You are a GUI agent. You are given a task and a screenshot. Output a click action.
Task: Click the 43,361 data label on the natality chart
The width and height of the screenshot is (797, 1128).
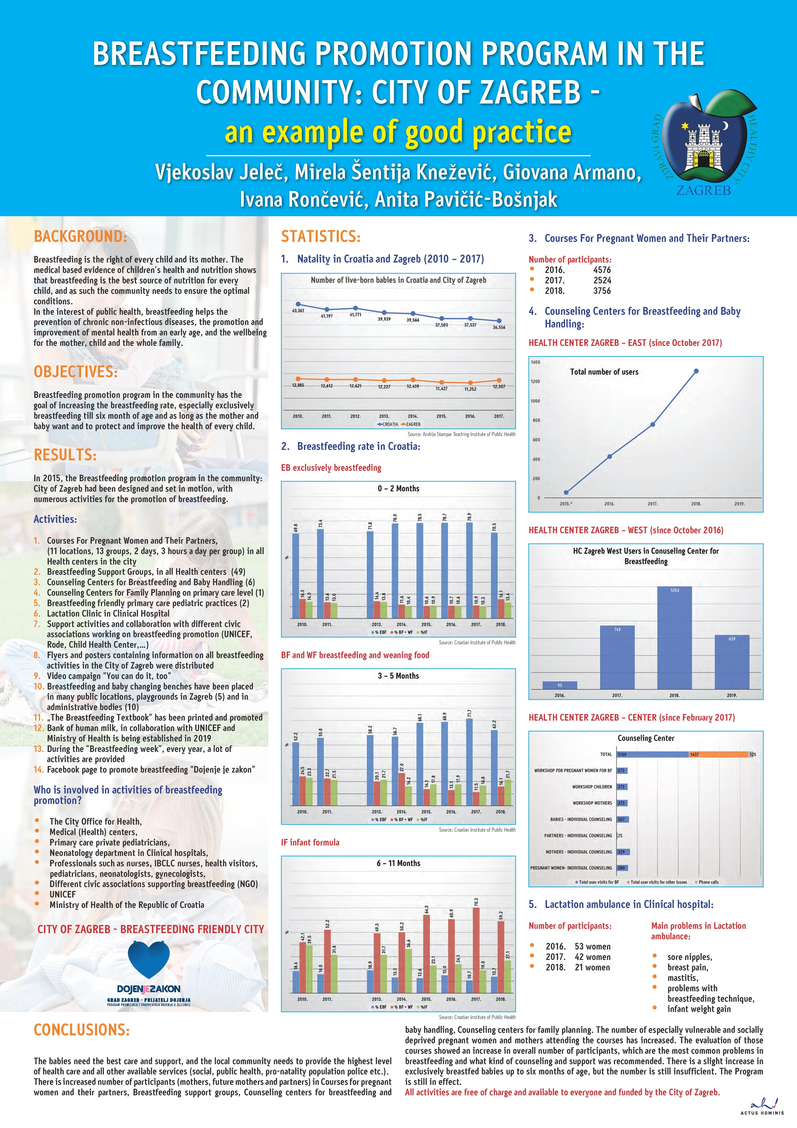click(x=298, y=310)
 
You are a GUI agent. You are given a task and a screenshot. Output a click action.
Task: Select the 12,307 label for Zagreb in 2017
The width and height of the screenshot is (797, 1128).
click(x=499, y=387)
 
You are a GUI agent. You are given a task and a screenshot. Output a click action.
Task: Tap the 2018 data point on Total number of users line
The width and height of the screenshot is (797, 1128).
click(x=696, y=371)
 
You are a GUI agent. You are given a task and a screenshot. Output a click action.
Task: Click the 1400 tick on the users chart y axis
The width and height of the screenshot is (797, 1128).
click(x=535, y=362)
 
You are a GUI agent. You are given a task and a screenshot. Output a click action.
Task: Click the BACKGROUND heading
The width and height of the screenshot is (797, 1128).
click(x=80, y=236)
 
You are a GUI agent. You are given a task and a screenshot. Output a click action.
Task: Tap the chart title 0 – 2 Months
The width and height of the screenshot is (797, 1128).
click(x=398, y=488)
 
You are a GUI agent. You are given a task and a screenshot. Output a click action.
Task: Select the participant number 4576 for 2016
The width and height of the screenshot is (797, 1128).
click(x=602, y=270)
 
